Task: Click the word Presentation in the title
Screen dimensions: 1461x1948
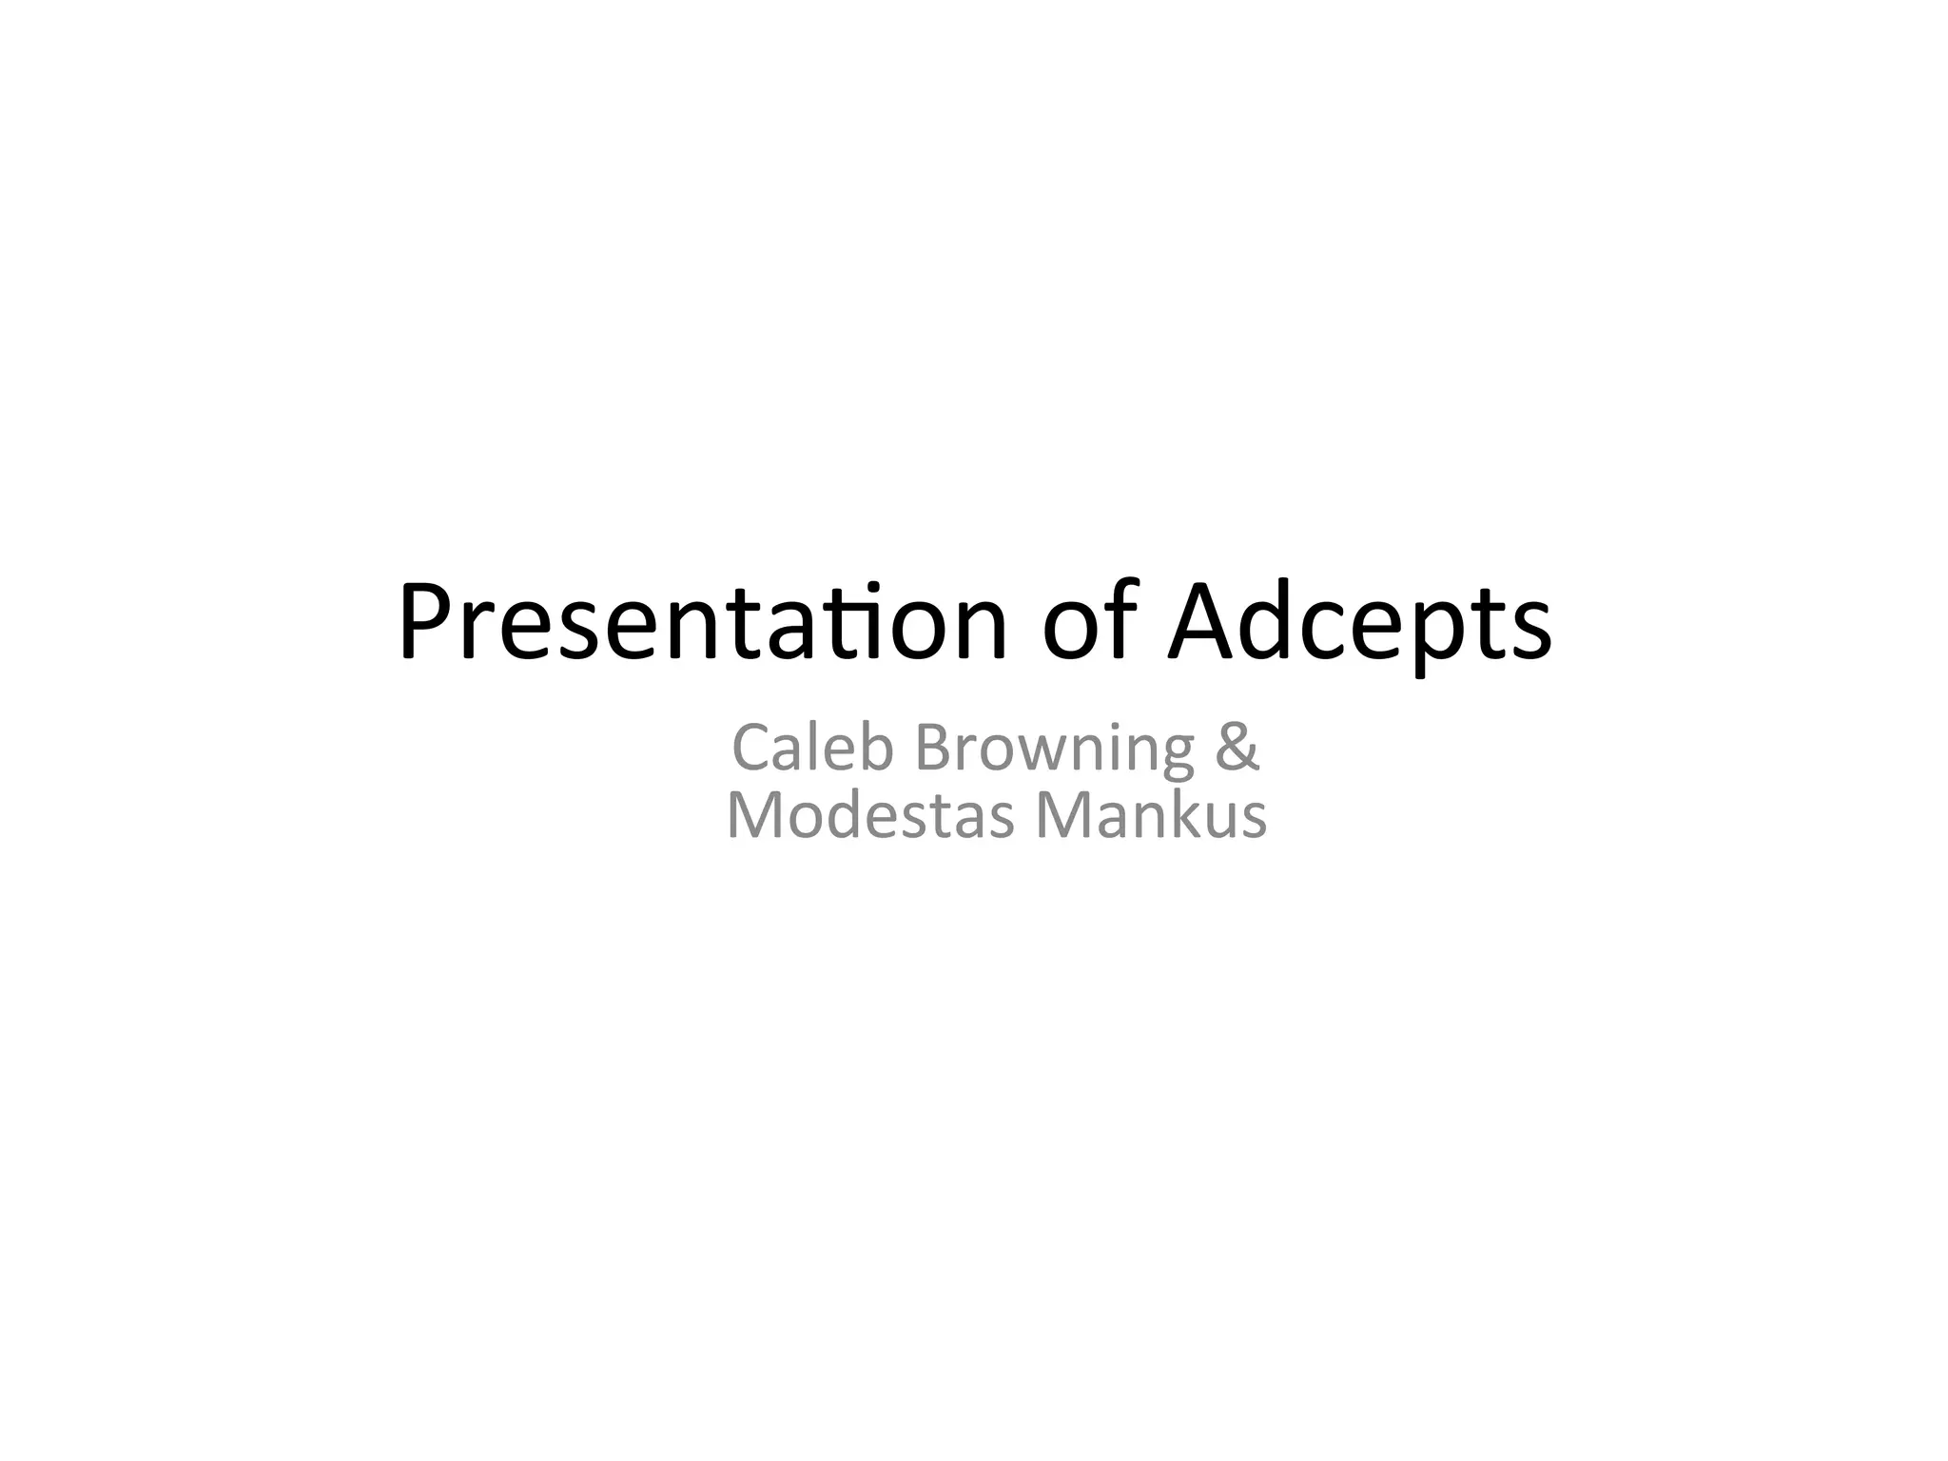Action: [x=702, y=624]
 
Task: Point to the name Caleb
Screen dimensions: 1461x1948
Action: [x=813, y=748]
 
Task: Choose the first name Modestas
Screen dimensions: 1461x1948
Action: [x=870, y=816]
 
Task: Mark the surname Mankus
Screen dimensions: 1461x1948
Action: [x=1151, y=816]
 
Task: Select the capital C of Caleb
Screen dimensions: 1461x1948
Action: [x=751, y=748]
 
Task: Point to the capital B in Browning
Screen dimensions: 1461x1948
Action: [x=932, y=748]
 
